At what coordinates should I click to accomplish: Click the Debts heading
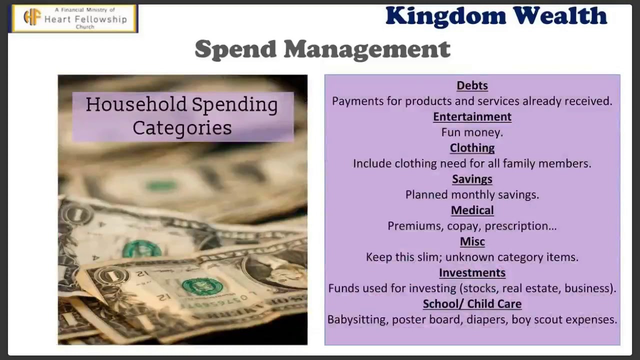[x=472, y=85]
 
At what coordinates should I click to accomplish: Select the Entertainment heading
[x=472, y=116]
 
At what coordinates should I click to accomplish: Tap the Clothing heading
[x=472, y=148]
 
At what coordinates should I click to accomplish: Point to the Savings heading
[x=472, y=179]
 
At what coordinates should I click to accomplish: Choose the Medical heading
[x=472, y=210]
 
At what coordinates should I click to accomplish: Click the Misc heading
[x=472, y=241]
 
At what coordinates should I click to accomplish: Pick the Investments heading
[x=472, y=272]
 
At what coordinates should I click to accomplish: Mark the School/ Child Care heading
[x=472, y=304]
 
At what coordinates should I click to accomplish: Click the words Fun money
[x=472, y=132]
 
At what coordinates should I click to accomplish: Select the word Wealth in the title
[x=560, y=16]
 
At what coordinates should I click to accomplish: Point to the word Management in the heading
[x=367, y=49]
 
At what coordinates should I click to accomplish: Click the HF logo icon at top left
[x=32, y=18]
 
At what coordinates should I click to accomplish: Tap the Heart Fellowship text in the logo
[x=85, y=19]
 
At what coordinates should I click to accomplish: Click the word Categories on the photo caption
[x=182, y=128]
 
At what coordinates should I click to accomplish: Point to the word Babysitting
[x=357, y=319]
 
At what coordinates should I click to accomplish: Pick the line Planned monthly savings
[x=472, y=194]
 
